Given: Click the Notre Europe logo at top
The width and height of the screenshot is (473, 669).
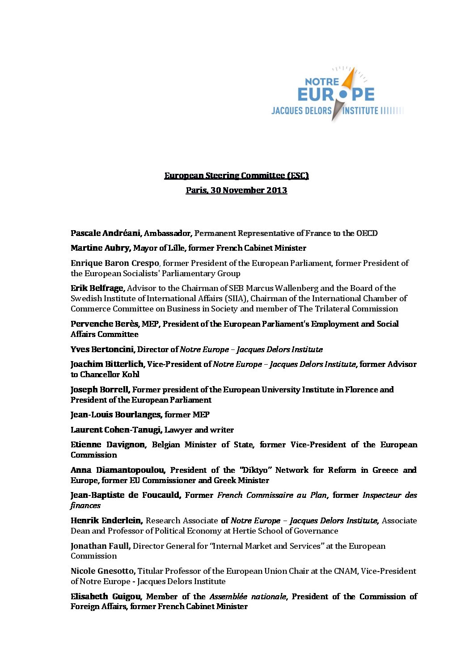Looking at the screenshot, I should [337, 95].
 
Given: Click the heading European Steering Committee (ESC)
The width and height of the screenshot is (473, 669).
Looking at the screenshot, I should [236, 176].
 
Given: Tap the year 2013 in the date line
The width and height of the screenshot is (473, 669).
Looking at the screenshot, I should [277, 190].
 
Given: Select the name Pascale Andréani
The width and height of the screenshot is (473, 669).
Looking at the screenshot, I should [106, 233].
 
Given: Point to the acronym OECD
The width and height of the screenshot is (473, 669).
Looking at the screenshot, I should [367, 233].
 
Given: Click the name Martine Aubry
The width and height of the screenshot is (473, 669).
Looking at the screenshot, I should [101, 248].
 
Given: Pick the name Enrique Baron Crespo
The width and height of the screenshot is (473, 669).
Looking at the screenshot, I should [114, 263].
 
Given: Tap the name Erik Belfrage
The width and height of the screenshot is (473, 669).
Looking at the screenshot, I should [97, 288].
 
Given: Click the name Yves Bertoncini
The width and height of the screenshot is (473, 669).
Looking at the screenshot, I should [103, 349].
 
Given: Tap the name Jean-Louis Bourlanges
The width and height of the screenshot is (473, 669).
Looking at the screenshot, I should [116, 415].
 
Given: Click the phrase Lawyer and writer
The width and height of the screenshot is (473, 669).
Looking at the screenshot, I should [199, 430].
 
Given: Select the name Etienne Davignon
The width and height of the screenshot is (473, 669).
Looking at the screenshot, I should [108, 445].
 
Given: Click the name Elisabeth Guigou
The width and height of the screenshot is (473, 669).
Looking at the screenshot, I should [106, 597].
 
